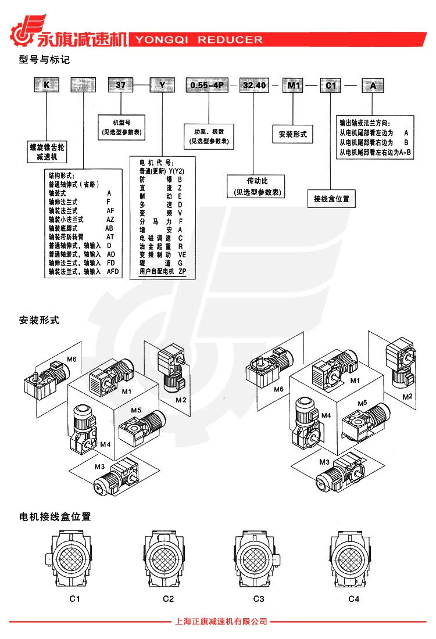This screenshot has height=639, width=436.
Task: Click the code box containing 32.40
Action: click(x=254, y=85)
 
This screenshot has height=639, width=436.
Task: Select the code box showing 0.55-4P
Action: click(x=206, y=85)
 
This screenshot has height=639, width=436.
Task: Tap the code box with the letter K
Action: click(x=45, y=85)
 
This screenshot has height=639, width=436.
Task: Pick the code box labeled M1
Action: click(x=294, y=85)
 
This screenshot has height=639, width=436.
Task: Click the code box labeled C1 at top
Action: click(x=331, y=85)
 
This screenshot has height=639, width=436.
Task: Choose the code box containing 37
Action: click(x=121, y=85)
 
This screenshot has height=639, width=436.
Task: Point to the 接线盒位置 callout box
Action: click(x=331, y=199)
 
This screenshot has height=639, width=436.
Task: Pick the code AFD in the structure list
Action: click(x=111, y=271)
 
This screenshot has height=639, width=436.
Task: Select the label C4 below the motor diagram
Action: click(x=353, y=598)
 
